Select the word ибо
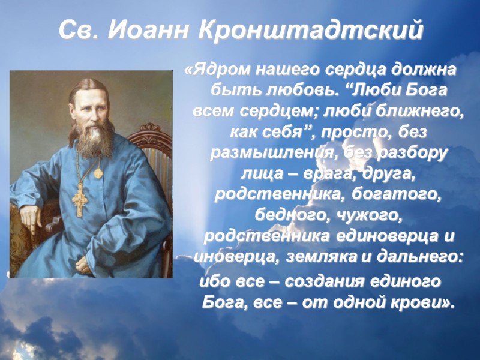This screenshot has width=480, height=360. pos(212,281)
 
